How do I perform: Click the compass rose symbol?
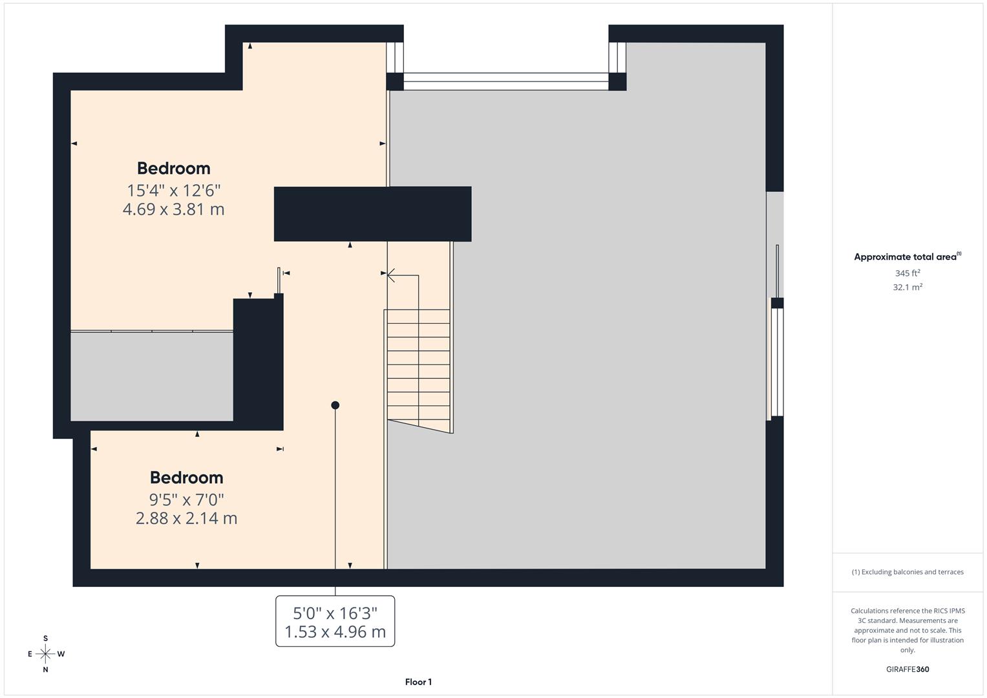pos(45,654)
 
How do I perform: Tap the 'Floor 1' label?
pos(418,682)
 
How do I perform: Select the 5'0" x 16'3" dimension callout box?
pos(335,621)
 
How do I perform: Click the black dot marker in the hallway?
pos(335,405)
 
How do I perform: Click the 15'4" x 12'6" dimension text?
pos(174,191)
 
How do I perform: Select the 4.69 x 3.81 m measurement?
pos(173,209)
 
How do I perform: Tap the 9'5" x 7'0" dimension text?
pos(186,500)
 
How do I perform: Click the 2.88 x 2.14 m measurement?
pos(186,518)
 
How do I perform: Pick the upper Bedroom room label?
pos(173,168)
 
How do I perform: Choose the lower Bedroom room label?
pos(186,478)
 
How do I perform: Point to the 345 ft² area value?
pos(907,273)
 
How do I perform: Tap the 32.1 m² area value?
pos(907,287)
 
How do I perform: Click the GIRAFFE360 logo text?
pos(907,670)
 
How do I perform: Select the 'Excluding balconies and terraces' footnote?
pos(907,572)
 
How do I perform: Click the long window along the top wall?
pos(505,81)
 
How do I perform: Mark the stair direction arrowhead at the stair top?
pos(390,276)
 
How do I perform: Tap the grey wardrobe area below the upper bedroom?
pos(151,376)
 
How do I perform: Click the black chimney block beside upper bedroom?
pos(372,214)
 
